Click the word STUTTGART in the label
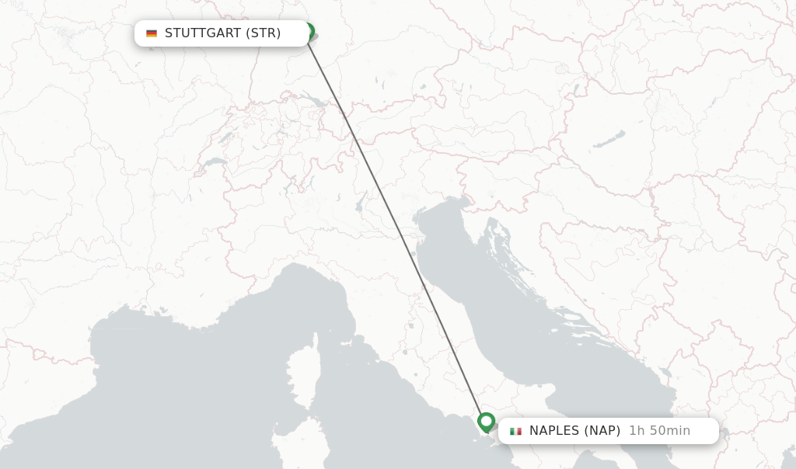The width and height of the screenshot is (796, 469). click(202, 33)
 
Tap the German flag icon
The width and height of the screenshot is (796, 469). click(152, 33)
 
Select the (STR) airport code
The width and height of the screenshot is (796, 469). click(264, 33)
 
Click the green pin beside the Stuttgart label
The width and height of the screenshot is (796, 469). click(309, 31)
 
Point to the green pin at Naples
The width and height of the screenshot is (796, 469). click(487, 422)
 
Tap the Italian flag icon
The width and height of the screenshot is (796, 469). click(515, 431)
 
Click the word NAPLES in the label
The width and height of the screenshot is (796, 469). click(554, 431)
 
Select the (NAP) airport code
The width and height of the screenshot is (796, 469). click(602, 431)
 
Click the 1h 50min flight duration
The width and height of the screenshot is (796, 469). click(659, 431)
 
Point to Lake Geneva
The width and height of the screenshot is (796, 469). click(214, 165)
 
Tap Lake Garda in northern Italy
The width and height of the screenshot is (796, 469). click(360, 203)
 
